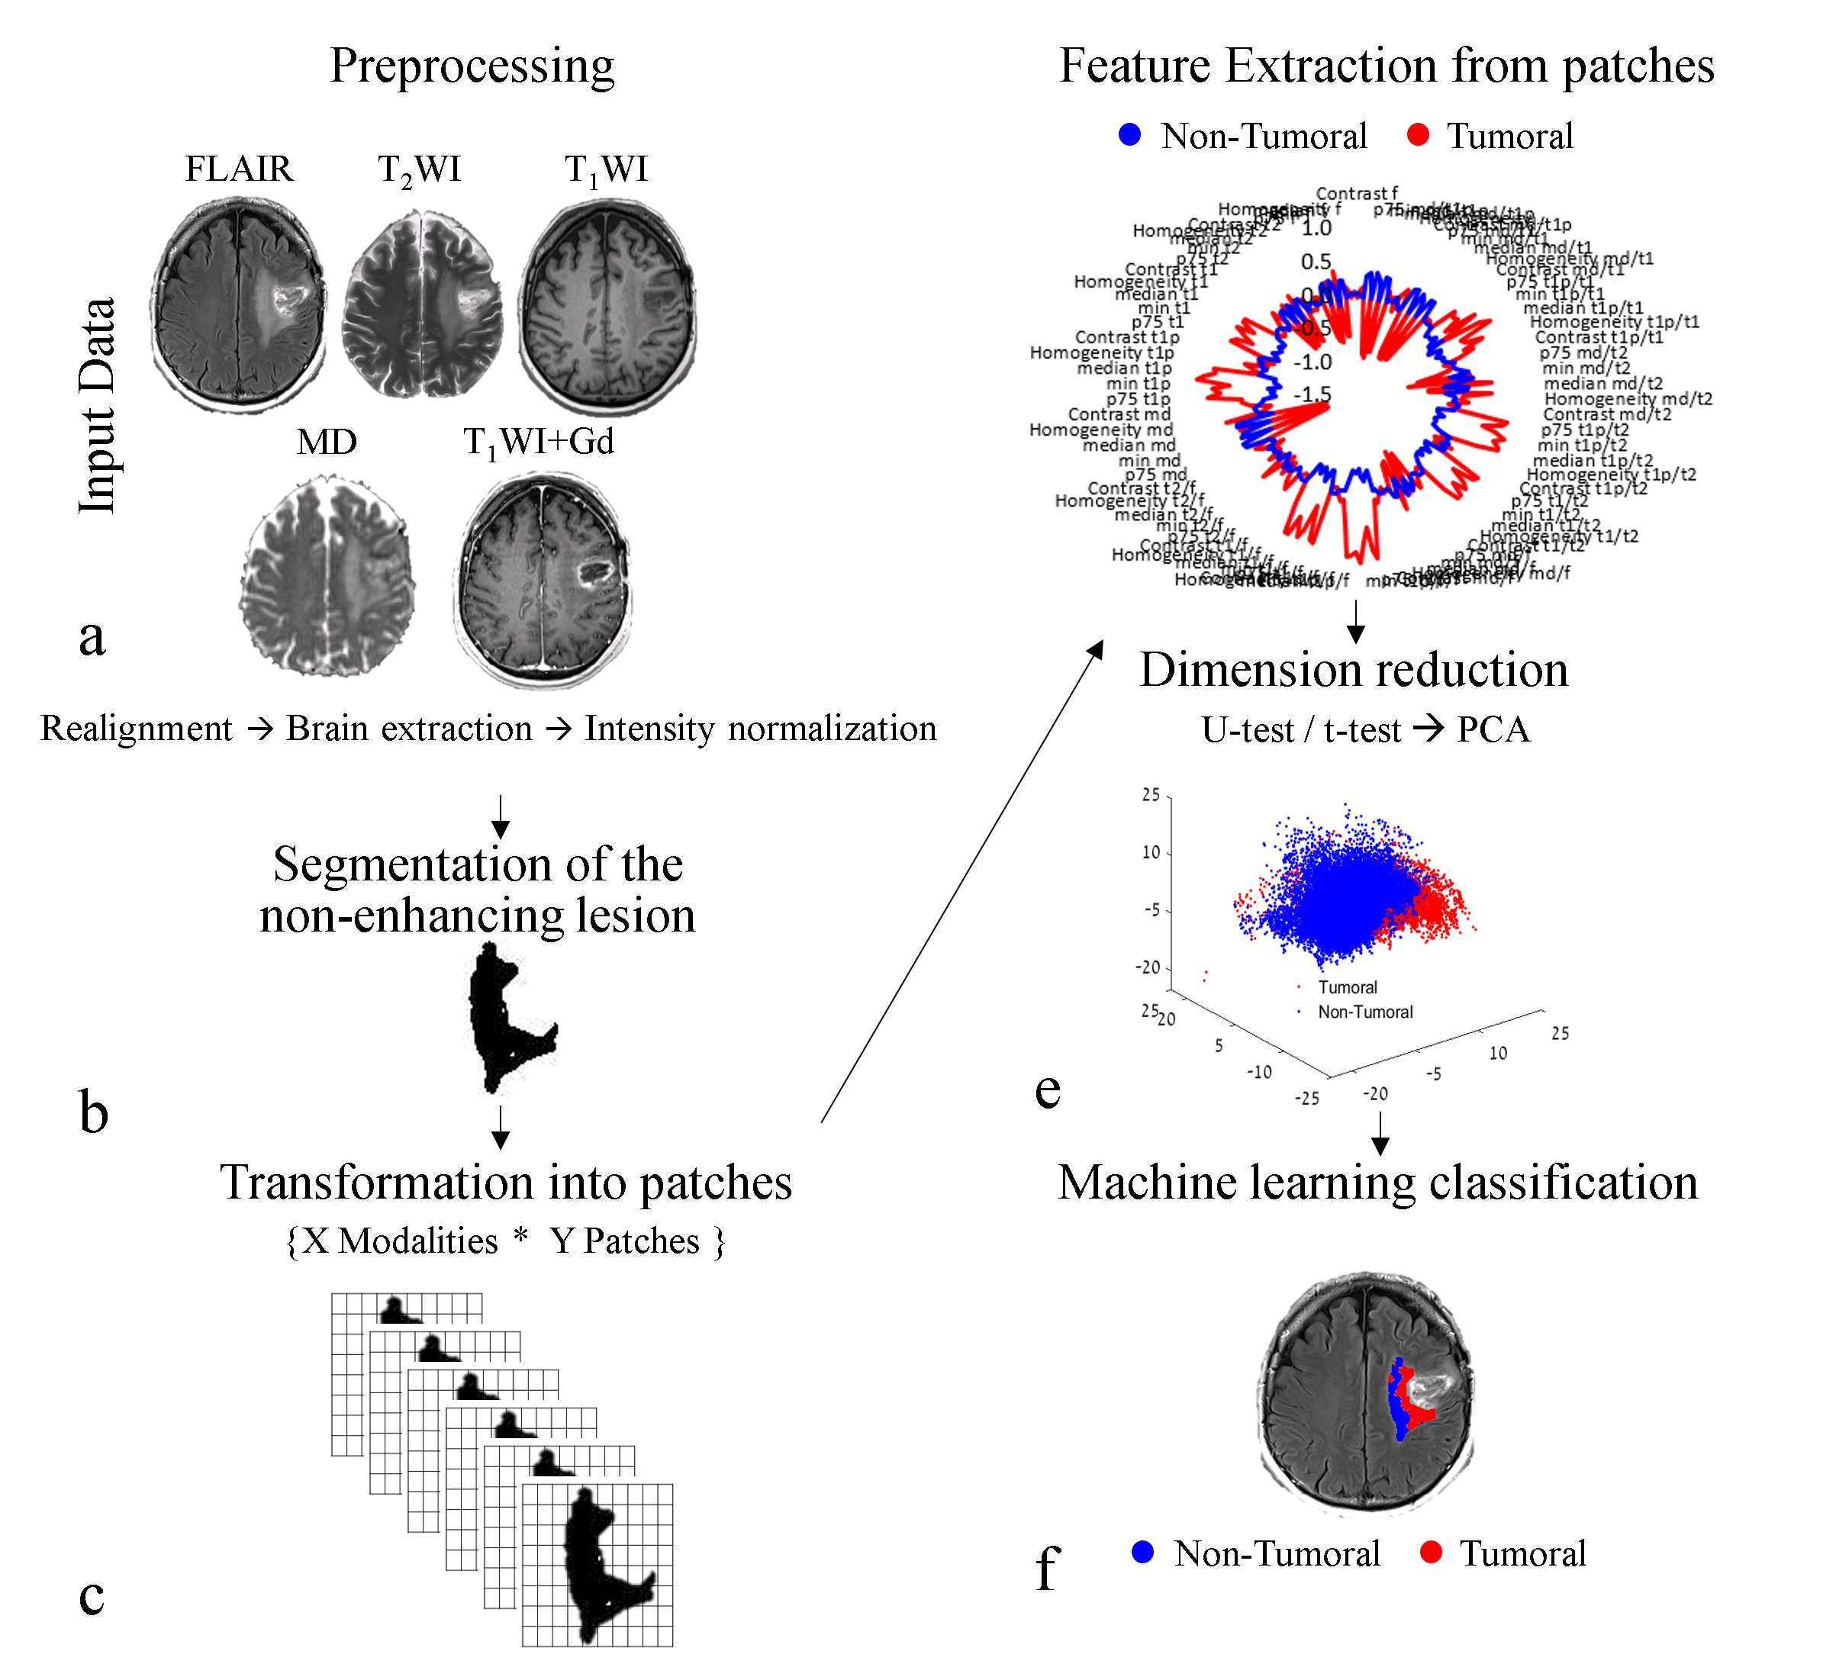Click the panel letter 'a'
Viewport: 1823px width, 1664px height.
[x=92, y=636]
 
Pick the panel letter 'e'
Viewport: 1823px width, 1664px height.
[x=1047, y=1089]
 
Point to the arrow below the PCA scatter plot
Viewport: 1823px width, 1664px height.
[x=1380, y=1133]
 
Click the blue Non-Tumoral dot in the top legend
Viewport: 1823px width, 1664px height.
[x=1130, y=136]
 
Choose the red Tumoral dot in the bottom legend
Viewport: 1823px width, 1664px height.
[x=1431, y=1553]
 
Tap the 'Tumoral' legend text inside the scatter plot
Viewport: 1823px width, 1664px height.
[x=1348, y=987]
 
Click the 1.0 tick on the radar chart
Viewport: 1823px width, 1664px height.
[x=1316, y=228]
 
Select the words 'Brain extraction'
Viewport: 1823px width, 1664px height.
[x=409, y=729]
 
